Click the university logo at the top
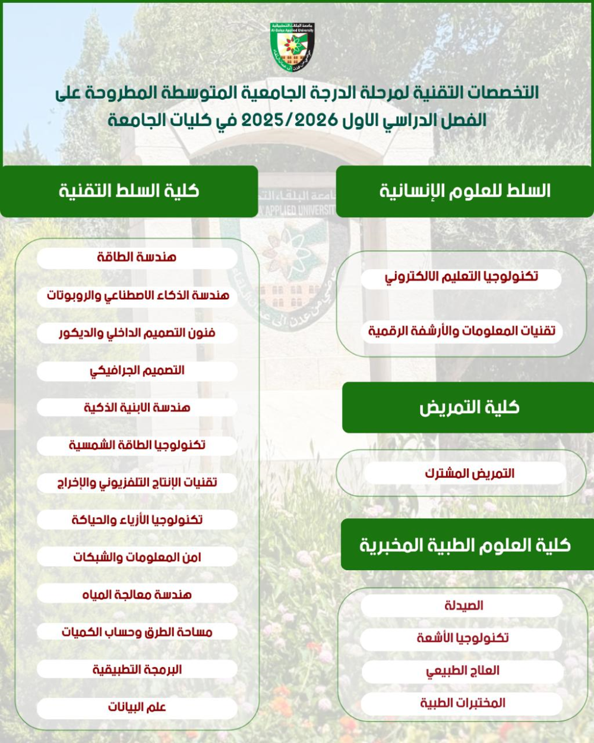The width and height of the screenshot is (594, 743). [x=292, y=47]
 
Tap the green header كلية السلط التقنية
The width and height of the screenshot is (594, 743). [x=129, y=191]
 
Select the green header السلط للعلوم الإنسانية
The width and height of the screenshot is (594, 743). [x=465, y=191]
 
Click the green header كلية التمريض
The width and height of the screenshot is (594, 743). [x=469, y=407]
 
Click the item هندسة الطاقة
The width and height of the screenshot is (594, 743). [x=137, y=257]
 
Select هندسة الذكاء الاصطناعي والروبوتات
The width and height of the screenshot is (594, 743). [x=137, y=295]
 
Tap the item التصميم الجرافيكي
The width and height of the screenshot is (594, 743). [x=137, y=370]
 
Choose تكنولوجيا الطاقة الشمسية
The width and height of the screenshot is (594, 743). [x=137, y=445]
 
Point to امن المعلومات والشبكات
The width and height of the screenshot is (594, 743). [x=137, y=557]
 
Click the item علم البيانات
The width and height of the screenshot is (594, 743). [x=137, y=707]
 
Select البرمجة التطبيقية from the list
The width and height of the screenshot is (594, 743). [x=137, y=670]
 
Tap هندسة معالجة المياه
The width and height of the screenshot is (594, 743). [x=137, y=594]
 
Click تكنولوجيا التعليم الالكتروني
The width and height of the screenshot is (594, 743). [x=461, y=277]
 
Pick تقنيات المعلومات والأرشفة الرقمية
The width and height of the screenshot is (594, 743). [x=462, y=331]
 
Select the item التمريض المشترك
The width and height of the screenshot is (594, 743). [x=469, y=474]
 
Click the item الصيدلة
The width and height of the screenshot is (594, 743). [x=463, y=606]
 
